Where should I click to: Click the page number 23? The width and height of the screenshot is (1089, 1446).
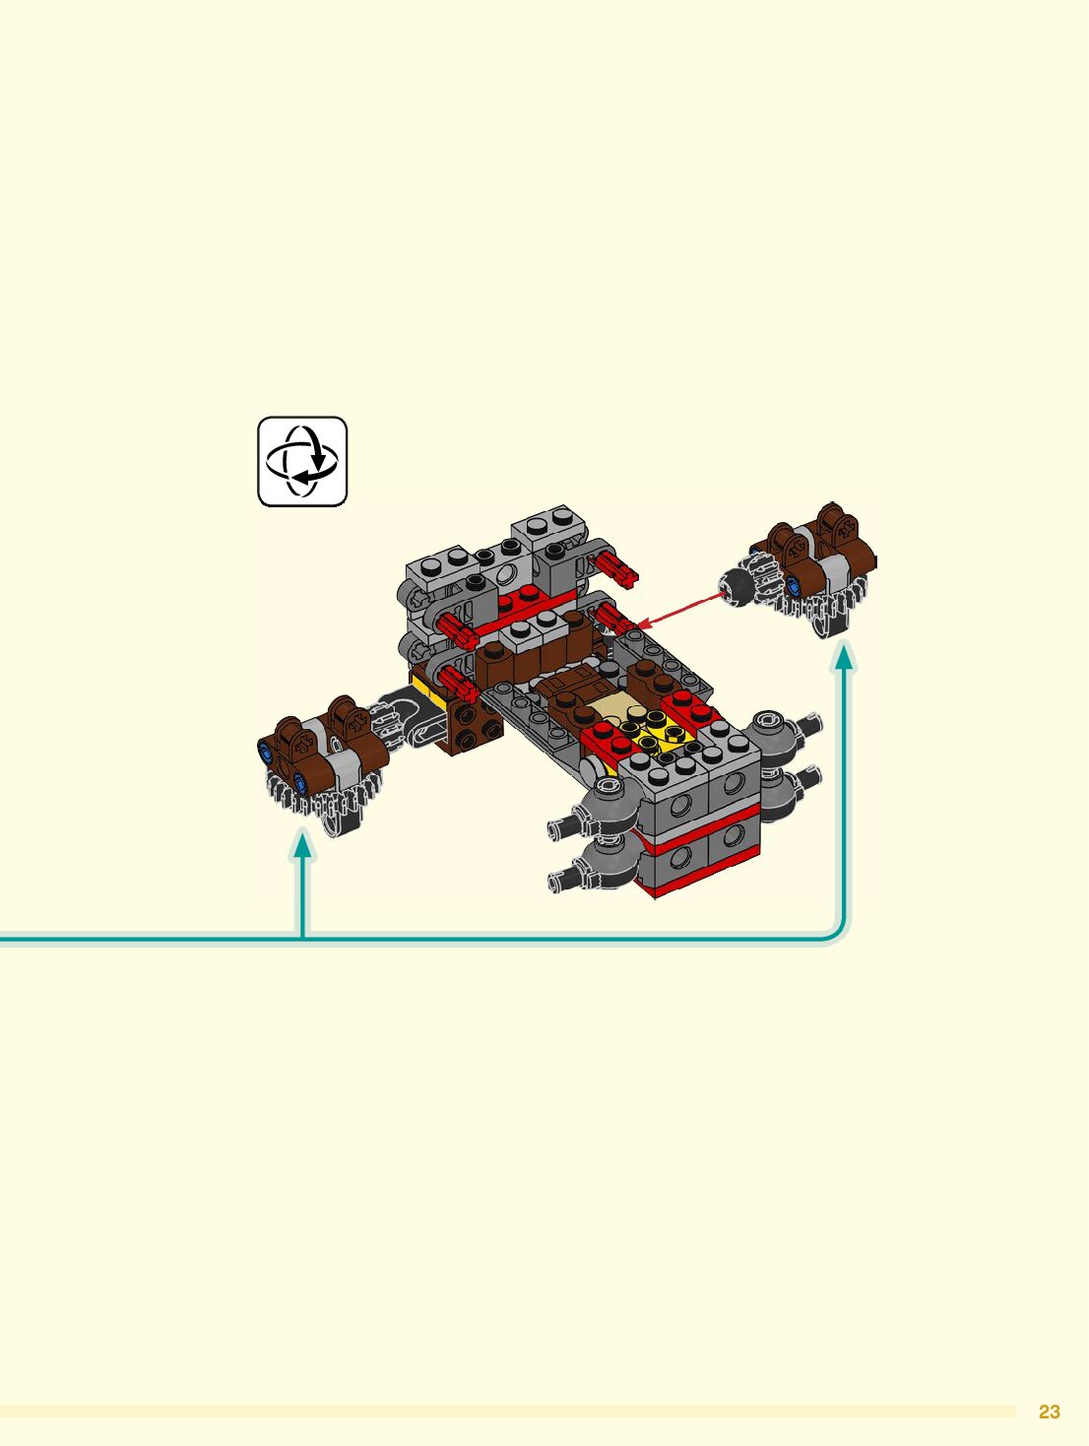[x=1049, y=1412]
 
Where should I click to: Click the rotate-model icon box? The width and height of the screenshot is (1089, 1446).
[x=302, y=462]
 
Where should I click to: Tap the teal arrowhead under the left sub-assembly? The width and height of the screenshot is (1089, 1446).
[x=303, y=844]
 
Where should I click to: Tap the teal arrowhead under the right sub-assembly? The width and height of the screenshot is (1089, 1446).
[x=844, y=656]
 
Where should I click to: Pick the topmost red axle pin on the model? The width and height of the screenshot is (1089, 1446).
[x=616, y=566]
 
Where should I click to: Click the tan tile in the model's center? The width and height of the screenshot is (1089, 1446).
[x=617, y=703]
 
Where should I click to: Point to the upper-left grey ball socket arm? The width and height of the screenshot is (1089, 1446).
[x=601, y=804]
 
